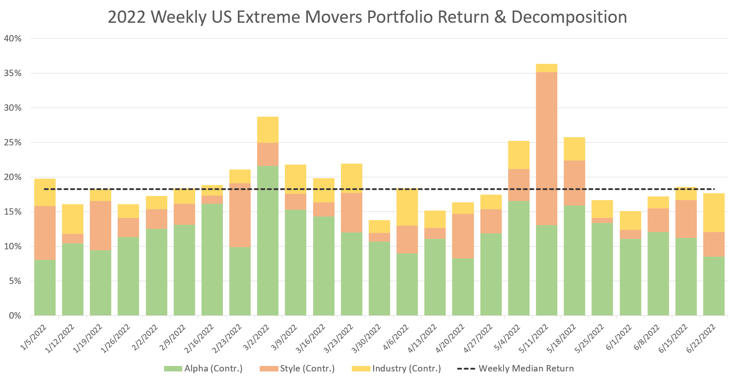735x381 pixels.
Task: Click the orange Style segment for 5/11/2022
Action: [546, 148]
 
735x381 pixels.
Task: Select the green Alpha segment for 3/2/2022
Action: [267, 240]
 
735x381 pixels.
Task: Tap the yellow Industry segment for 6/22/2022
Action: [714, 212]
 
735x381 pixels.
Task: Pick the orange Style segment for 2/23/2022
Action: [240, 215]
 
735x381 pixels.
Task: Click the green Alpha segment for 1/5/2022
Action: [45, 287]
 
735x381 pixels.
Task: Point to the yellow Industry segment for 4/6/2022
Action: [407, 207]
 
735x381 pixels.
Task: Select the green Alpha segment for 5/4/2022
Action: [519, 258]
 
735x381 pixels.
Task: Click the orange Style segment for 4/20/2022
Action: [463, 236]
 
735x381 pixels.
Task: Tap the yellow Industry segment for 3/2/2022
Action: [267, 129]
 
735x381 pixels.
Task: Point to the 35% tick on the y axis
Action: [13, 73]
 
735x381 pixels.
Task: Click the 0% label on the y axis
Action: [15, 315]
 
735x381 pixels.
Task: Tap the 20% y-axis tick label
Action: [13, 177]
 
